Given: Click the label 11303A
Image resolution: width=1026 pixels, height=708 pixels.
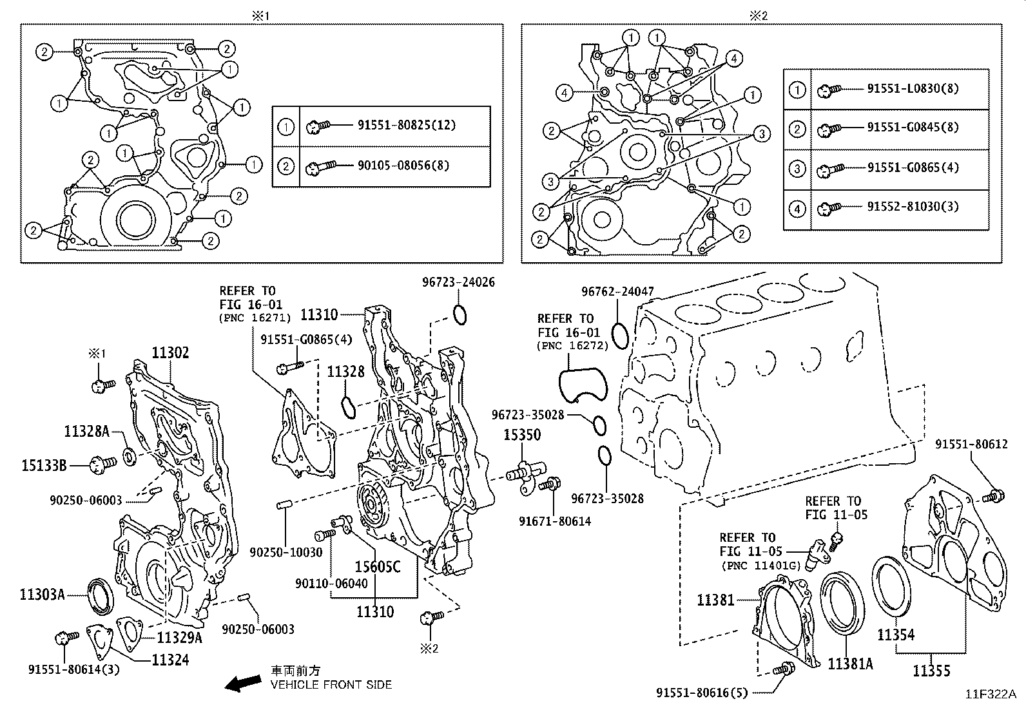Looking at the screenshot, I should (42, 594).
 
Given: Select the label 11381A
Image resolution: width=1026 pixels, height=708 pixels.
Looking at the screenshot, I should (850, 663).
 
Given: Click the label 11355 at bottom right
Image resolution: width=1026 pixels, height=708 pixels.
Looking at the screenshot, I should (931, 671).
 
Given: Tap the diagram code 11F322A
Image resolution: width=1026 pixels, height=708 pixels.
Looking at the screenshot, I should (990, 694).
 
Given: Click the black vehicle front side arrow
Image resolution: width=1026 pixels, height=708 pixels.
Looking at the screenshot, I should (242, 683).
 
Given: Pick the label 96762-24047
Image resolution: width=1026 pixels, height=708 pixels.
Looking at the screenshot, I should (617, 292).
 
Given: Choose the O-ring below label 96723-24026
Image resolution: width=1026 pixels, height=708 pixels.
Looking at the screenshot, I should (459, 315).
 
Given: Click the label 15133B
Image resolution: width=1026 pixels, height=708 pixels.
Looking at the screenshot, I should (44, 464).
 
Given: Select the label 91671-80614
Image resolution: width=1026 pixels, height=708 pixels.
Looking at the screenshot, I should (555, 521).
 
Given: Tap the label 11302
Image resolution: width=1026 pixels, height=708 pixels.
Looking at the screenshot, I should (170, 353).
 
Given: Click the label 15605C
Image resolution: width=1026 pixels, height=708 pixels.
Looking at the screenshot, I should (377, 566).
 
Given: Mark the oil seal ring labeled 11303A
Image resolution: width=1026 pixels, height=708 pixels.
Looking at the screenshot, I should (102, 595).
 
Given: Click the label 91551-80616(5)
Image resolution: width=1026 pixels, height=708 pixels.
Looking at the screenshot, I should (702, 693).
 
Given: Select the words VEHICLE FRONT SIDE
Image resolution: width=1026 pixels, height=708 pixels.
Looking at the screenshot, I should (331, 685).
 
